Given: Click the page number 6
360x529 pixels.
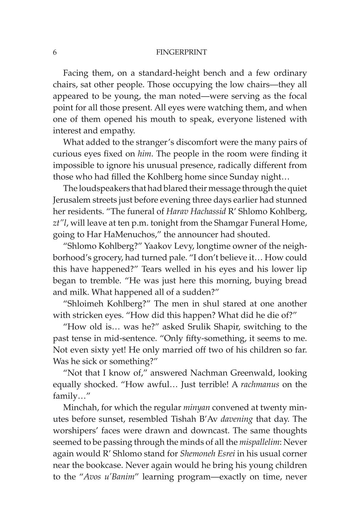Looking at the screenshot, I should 55,52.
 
